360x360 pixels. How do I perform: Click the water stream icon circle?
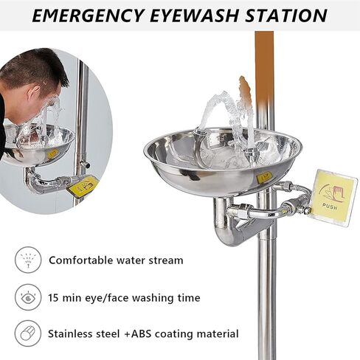click(x=27, y=260)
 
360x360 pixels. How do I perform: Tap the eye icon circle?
click(x=27, y=297)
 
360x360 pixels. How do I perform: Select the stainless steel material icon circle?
click(x=27, y=333)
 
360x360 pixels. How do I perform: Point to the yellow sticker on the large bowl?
click(x=264, y=176)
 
